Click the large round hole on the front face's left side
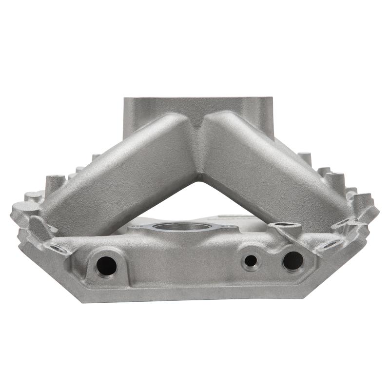(x=106, y=266)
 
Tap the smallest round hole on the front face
(x=251, y=261)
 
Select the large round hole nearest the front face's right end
(x=292, y=260)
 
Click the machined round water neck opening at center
(x=182, y=227)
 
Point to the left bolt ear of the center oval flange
(x=138, y=227)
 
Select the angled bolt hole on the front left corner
(x=58, y=248)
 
